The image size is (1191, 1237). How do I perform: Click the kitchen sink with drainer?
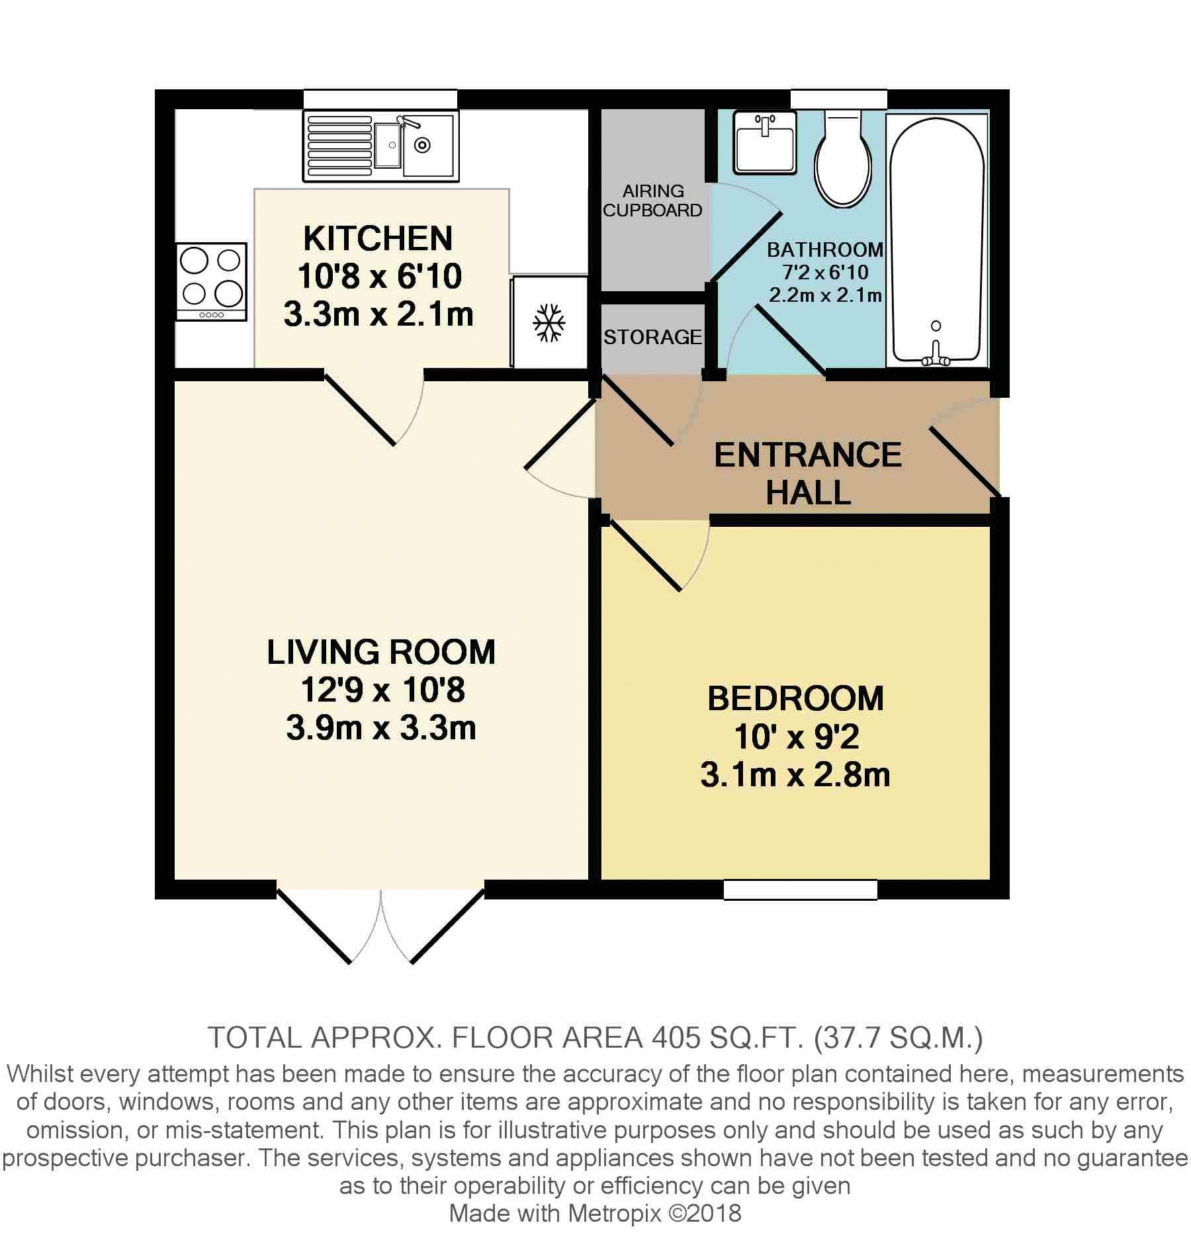point(381,146)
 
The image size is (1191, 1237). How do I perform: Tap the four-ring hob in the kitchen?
point(212,282)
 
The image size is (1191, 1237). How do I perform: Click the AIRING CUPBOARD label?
point(652,201)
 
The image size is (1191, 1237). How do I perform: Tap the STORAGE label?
point(652,338)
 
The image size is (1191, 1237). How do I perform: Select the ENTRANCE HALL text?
point(808,474)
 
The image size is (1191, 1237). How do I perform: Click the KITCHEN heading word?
point(378,239)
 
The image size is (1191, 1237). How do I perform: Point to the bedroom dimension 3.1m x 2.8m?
point(795,775)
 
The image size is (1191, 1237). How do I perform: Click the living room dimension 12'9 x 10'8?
point(382,690)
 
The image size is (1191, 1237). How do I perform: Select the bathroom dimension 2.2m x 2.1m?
point(825,295)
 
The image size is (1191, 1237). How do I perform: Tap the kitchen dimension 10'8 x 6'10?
point(379,277)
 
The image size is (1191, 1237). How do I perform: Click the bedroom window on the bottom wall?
point(800,889)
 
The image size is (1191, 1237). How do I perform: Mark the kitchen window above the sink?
point(380,99)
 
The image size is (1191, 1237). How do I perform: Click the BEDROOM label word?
point(795,699)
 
